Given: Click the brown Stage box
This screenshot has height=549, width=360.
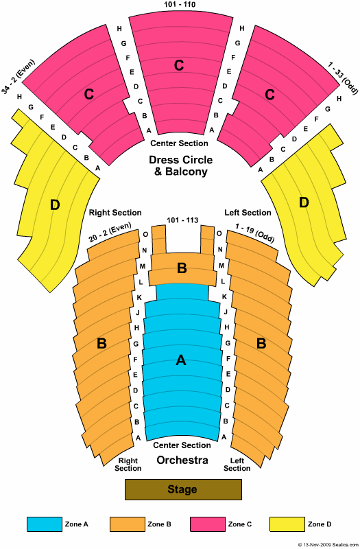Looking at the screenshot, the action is pos(183,489).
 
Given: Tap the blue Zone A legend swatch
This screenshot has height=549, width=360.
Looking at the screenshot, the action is pos(45,524).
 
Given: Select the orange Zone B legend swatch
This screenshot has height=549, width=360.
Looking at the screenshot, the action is pos(128,524).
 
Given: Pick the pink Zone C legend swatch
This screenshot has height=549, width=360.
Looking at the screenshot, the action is pos(208,524).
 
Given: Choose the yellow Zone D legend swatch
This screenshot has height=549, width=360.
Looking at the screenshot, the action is pos(287,524).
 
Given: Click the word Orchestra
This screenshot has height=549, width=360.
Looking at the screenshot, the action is pos(182,460).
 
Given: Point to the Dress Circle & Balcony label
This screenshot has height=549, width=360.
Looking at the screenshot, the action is pos(181,165).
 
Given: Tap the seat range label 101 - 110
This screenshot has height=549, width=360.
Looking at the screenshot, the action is pos(180,5).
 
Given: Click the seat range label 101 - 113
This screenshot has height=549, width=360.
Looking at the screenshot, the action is pos(182,220).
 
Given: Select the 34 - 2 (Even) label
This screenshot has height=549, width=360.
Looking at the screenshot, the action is pos(19,77).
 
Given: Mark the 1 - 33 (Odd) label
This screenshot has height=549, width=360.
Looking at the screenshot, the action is pos(343,78).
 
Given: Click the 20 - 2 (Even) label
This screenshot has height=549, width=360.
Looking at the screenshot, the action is pos(110,232).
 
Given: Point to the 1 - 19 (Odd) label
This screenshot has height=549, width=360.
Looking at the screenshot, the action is pos(255,233).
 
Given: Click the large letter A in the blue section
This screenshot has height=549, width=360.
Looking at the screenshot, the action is pos(181,360).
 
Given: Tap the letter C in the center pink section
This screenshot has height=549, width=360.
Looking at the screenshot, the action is pos(179,65).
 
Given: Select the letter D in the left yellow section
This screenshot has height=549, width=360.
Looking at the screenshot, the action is pos(55,205).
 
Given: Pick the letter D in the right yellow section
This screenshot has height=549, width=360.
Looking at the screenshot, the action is pos(304,202).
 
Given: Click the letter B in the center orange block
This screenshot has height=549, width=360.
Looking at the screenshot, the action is pos(182,268).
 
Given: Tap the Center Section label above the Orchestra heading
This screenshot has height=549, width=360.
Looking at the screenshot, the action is pos(182,445).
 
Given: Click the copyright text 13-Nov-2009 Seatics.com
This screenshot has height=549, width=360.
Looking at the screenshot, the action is pos(328,545).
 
